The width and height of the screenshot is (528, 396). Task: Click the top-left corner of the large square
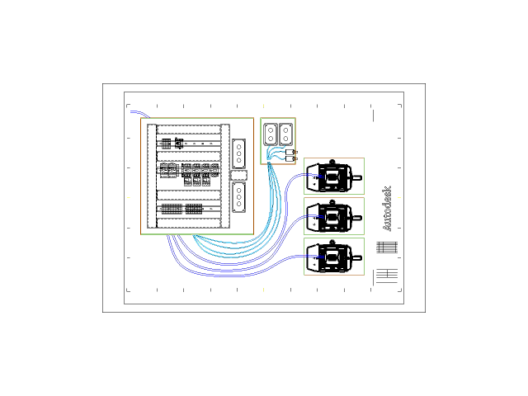[140, 118]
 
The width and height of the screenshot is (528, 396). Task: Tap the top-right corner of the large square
[253, 118]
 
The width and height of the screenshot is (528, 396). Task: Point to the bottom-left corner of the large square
[140, 234]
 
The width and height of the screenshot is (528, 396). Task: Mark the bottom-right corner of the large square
[253, 234]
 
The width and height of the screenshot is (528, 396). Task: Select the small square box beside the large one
[278, 141]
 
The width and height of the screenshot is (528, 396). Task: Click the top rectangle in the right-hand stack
[334, 176]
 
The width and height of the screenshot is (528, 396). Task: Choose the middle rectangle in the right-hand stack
[334, 215]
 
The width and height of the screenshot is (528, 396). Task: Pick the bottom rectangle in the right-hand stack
[334, 256]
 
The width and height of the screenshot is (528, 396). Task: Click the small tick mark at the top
[263, 106]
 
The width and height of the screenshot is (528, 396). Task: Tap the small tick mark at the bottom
[263, 290]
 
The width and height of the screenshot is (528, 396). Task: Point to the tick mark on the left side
[129, 197]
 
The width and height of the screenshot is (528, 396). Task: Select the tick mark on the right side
[399, 197]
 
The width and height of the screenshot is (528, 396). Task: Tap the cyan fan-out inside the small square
[276, 153]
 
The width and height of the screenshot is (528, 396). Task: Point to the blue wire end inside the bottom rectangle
[323, 257]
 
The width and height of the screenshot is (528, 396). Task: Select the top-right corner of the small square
[295, 118]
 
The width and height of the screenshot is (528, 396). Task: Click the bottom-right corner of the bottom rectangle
[364, 275]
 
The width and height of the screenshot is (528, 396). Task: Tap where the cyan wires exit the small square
[269, 164]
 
